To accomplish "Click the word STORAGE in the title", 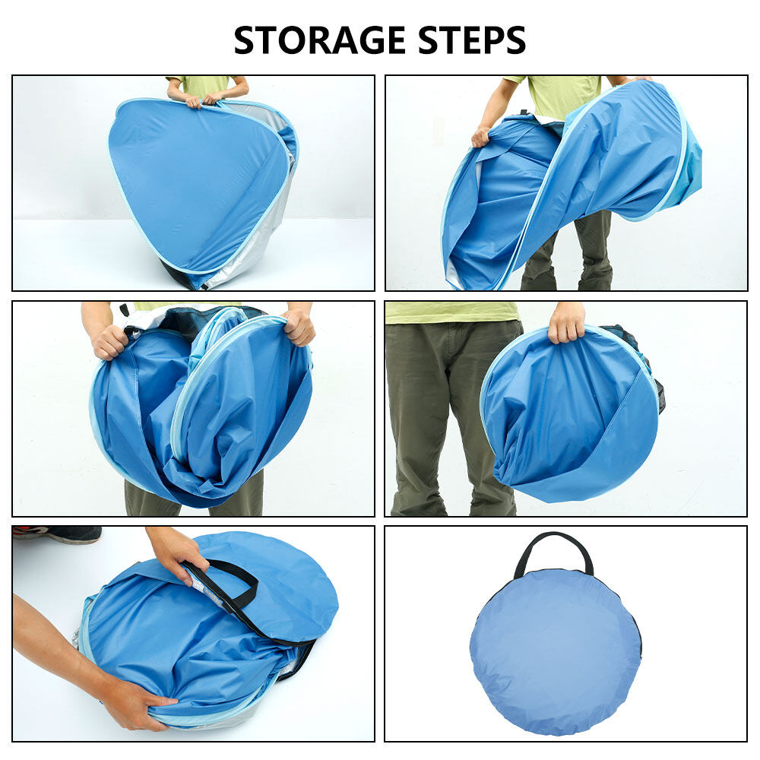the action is coord(319,40).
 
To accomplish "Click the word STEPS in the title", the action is coord(472,40).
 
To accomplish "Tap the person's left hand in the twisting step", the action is coord(480,136).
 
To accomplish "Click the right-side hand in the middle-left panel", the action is coord(299,327).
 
